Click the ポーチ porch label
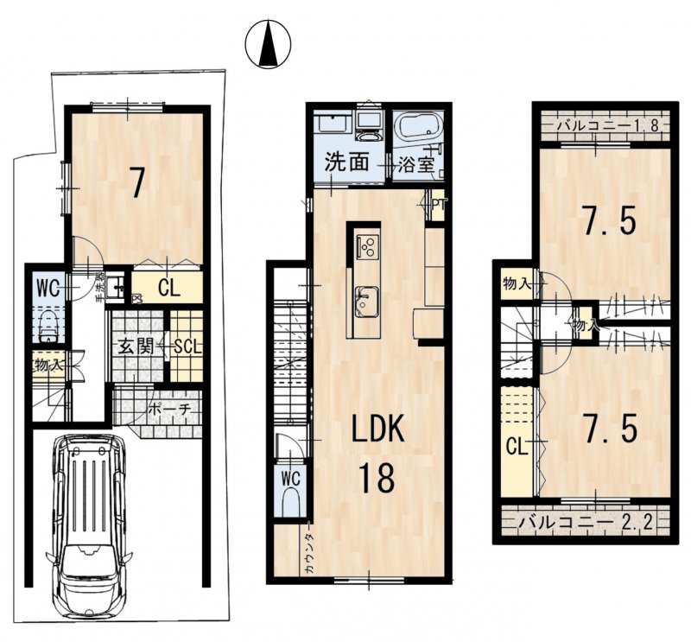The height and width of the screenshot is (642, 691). click(x=169, y=409)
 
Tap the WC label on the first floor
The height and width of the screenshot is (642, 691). click(x=48, y=288)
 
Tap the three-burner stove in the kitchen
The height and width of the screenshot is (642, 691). click(x=367, y=246)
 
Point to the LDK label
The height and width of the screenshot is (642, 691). click(x=377, y=429)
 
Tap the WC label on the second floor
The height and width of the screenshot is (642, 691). click(x=289, y=477)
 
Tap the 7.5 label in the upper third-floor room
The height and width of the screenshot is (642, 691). click(x=608, y=222)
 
